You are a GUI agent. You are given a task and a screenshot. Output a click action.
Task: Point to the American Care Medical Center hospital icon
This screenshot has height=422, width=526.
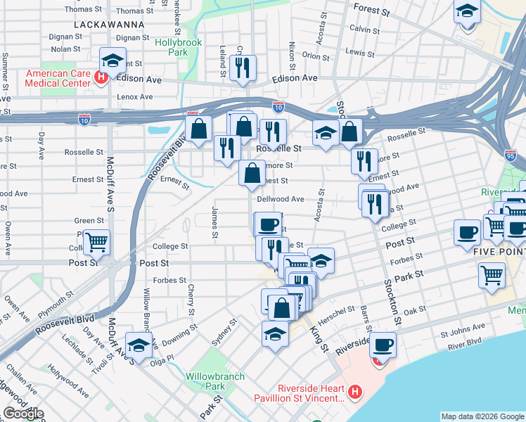point(101,76)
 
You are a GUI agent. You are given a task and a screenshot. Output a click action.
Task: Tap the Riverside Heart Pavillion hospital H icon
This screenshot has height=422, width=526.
point(355,391)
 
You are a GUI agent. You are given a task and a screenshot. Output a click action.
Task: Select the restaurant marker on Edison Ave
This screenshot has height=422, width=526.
point(243,68)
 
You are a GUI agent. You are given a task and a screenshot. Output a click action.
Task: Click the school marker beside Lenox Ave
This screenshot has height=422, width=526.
point(113,60)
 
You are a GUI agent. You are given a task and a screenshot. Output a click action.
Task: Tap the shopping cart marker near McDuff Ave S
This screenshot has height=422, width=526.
point(97,242)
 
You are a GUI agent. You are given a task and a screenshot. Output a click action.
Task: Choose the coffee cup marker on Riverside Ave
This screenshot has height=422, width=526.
point(383,345)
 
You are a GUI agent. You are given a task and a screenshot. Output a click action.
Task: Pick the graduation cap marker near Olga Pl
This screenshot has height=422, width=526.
point(139,345)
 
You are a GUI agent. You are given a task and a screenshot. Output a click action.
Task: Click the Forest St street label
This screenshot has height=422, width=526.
point(372,12)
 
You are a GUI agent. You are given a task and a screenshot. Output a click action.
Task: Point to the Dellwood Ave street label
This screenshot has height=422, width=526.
point(280,199)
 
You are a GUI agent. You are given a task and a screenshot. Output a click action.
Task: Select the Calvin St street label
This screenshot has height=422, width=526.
point(364,30)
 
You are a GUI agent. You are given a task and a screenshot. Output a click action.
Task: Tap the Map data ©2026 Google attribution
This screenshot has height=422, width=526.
point(482,416)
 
